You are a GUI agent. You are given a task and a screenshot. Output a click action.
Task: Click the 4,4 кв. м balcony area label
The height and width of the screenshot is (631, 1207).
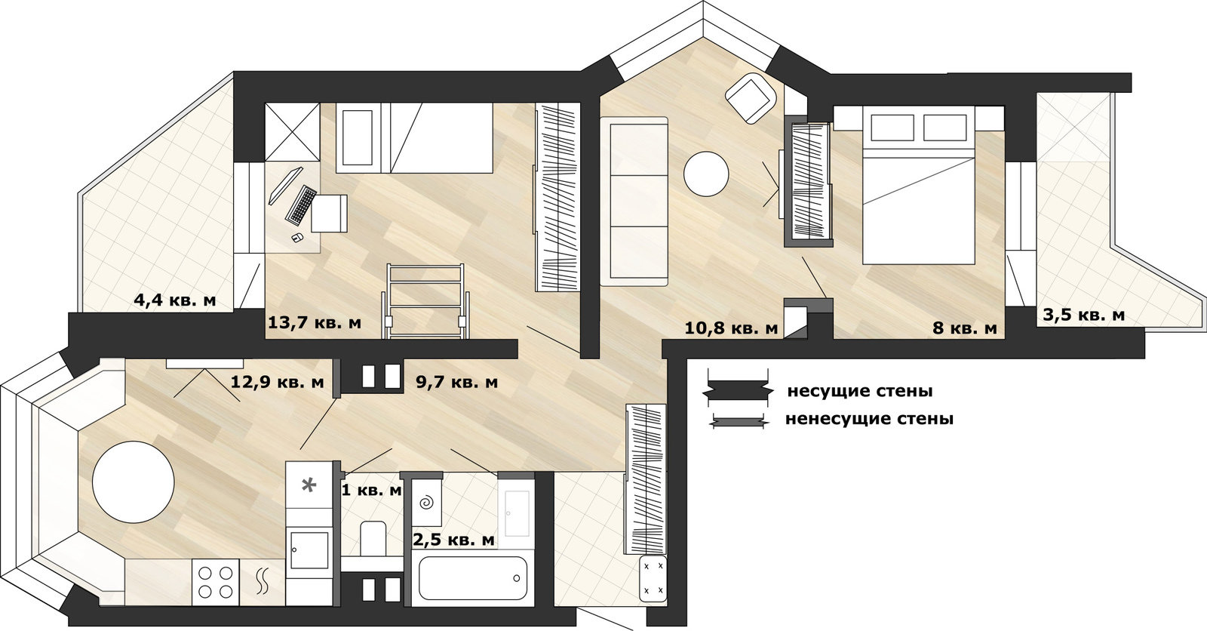click(x=174, y=300)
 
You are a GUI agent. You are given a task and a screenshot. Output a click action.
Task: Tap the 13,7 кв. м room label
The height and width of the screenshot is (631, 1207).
click(x=315, y=322)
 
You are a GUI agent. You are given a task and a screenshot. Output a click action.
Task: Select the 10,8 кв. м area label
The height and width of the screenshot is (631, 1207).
click(x=731, y=328)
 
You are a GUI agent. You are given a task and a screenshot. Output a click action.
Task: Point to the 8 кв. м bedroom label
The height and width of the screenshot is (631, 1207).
click(x=965, y=328)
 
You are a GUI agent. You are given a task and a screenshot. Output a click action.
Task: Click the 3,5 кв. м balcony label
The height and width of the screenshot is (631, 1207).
click(x=1083, y=315)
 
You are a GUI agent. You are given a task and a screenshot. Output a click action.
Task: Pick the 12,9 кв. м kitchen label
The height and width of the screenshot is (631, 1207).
click(x=278, y=382)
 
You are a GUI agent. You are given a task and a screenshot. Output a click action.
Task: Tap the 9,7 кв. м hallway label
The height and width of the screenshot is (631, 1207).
click(x=457, y=382)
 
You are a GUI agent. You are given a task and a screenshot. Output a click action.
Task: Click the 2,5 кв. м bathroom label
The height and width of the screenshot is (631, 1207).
click(x=453, y=540)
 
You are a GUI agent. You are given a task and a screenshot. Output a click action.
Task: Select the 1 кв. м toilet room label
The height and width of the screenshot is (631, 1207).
click(x=372, y=491)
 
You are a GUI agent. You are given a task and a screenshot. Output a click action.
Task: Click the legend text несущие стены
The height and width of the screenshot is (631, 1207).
click(x=860, y=391)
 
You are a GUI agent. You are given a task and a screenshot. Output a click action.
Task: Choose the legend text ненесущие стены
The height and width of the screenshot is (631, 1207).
click(x=869, y=418)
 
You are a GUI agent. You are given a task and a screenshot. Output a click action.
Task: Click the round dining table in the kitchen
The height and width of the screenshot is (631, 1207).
click(x=133, y=482)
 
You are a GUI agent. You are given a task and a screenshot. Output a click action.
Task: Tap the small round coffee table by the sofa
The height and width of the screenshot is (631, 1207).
click(x=706, y=174)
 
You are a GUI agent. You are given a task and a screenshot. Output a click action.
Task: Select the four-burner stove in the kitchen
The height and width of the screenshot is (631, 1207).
click(x=216, y=582)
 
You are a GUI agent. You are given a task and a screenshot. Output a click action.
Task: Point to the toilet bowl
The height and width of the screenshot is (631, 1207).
click(x=372, y=537)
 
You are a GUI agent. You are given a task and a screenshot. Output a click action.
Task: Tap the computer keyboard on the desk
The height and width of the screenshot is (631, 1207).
click(x=301, y=205)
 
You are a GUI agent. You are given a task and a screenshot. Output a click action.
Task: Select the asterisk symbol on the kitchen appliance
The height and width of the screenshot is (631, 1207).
click(x=309, y=485)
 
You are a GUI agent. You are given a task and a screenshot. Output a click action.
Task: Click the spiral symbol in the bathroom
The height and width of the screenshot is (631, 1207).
click(x=426, y=503)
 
